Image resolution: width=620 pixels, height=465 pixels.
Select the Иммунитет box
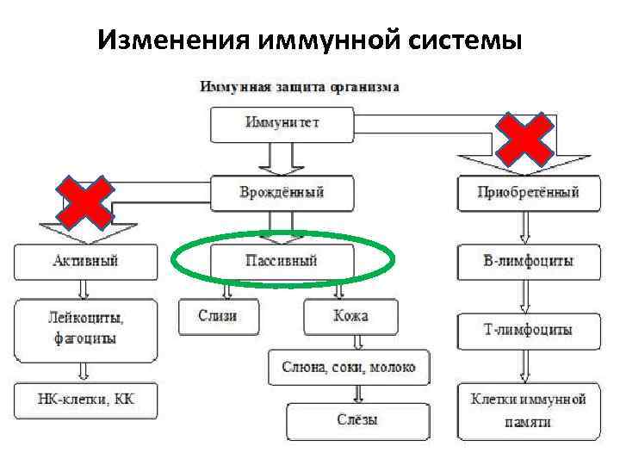[x=282, y=123]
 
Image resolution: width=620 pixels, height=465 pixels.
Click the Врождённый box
[x=282, y=192]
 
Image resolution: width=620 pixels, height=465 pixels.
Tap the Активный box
[x=85, y=260]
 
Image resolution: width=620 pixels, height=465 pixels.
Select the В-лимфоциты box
[x=528, y=260]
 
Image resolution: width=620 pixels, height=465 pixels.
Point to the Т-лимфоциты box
[x=528, y=329]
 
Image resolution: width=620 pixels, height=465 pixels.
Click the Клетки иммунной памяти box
[x=528, y=410]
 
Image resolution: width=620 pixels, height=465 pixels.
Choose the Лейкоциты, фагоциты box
[x=85, y=329]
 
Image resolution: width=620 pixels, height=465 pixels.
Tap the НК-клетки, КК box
[x=85, y=400]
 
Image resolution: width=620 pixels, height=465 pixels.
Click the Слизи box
[x=218, y=316]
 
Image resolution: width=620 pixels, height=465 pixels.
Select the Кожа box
[x=350, y=316]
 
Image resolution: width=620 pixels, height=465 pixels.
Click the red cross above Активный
[x=84, y=203]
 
